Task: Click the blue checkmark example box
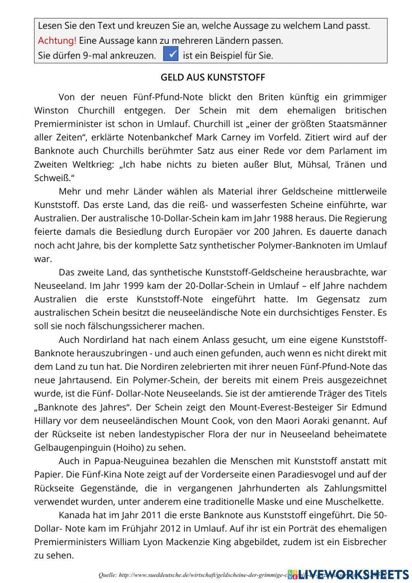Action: (x=171, y=54)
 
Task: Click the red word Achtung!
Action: (x=57, y=41)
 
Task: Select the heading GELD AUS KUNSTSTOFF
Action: (x=213, y=78)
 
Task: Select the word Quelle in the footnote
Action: (x=107, y=575)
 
